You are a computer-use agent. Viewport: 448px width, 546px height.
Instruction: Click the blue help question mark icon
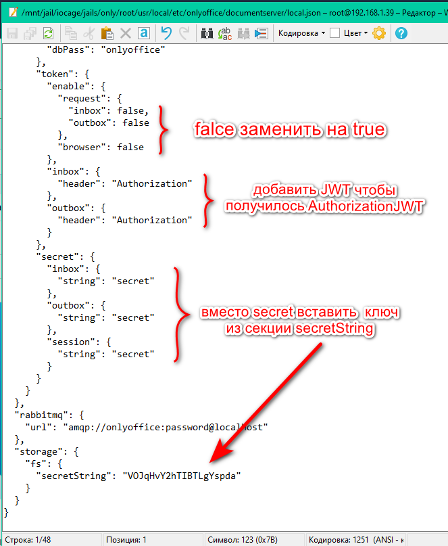click(x=401, y=33)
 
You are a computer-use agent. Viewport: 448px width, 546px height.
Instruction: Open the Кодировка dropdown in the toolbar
click(x=301, y=33)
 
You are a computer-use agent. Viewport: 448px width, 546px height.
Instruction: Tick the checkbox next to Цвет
click(x=334, y=33)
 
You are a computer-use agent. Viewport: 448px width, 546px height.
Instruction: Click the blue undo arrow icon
click(x=166, y=33)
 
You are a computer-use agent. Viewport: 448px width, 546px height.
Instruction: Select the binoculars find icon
click(x=207, y=33)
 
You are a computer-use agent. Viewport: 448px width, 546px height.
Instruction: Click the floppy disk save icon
click(x=12, y=33)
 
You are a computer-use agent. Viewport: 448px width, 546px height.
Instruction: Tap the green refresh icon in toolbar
click(x=49, y=33)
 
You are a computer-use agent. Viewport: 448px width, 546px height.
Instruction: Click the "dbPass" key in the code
click(x=68, y=50)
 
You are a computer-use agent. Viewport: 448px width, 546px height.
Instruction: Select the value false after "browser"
click(x=130, y=147)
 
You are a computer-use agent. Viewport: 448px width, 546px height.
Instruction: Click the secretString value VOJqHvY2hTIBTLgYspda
click(x=182, y=476)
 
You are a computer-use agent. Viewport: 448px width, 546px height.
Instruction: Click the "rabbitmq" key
click(x=41, y=415)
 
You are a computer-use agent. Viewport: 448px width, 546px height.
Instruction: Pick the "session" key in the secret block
click(x=74, y=342)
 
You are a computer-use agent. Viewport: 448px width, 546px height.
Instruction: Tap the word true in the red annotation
click(x=369, y=129)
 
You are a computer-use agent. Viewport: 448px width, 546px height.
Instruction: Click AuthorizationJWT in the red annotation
click(x=366, y=206)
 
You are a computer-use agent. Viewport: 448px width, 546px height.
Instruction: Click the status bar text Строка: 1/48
click(x=28, y=540)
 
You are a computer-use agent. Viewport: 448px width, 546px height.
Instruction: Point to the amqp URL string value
click(x=166, y=427)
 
